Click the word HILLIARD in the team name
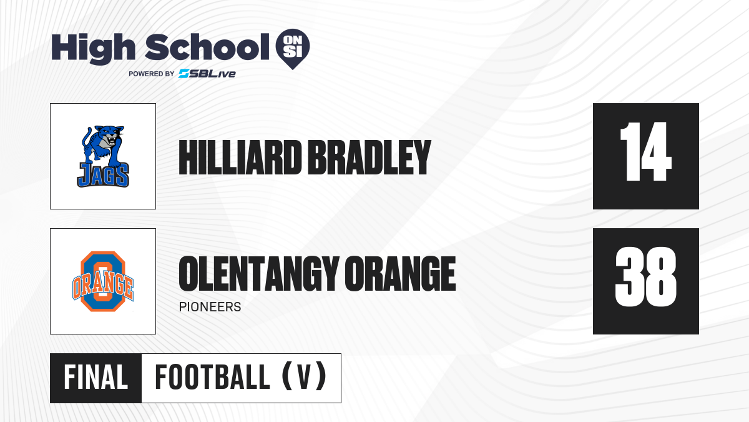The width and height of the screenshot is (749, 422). tap(240, 158)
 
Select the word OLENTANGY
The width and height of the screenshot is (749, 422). tap(259, 274)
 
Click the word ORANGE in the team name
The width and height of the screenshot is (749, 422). tap(400, 274)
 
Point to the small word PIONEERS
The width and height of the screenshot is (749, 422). tap(210, 307)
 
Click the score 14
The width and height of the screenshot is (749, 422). tap(645, 152)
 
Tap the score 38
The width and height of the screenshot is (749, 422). tap(645, 276)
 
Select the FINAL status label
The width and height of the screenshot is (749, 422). tap(96, 378)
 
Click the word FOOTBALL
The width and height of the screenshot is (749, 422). tap(212, 378)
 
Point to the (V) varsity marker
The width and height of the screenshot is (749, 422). tap(304, 377)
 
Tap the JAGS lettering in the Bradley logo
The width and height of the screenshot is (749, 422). tap(103, 175)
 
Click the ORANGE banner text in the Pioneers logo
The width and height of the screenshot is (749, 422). tap(103, 284)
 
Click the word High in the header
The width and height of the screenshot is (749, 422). tap(93, 48)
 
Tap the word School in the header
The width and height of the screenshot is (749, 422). tap(207, 47)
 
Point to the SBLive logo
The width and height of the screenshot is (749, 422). tap(207, 74)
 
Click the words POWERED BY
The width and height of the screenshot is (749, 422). tap(152, 74)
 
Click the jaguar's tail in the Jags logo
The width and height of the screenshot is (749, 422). tap(86, 138)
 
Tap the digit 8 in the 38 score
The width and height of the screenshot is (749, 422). tap(661, 276)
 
